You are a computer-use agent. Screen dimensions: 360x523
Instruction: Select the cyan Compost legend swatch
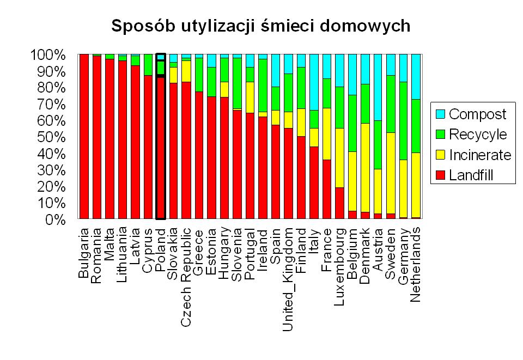440,114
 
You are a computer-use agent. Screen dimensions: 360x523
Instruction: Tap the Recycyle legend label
478,135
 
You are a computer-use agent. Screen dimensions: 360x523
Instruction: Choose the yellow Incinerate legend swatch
440,155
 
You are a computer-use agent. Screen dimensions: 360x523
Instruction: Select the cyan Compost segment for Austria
377,87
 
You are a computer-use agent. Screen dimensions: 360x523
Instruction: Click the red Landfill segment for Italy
313,182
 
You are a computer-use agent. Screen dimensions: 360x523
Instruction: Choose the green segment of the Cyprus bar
148,65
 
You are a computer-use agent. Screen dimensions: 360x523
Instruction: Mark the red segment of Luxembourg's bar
339,203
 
